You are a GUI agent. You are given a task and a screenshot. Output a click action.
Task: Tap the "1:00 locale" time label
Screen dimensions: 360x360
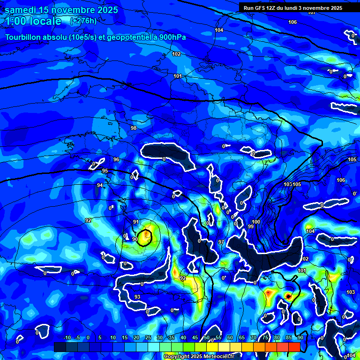(x=33, y=21)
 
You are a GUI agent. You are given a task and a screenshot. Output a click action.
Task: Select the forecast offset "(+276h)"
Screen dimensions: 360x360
(x=83, y=21)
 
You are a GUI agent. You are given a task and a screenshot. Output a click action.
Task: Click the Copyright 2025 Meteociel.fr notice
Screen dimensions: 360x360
(x=205, y=356)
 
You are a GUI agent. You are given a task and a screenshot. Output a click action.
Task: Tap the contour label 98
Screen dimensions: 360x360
(x=134, y=128)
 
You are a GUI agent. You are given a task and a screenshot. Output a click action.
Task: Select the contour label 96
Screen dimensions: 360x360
(x=116, y=160)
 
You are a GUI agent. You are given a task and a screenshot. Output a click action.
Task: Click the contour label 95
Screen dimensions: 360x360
(x=105, y=171)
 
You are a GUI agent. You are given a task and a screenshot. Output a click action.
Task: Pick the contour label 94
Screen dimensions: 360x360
(x=100, y=186)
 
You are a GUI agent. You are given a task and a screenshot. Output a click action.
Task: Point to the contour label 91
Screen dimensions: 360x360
(x=136, y=222)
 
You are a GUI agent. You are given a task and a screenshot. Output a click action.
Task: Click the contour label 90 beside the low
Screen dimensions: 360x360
(x=135, y=239)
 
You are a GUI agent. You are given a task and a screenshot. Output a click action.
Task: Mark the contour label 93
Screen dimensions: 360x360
(x=137, y=297)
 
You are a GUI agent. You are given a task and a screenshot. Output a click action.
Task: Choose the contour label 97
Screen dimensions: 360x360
(x=221, y=242)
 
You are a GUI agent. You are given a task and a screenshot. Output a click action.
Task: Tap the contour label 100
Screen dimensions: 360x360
(x=256, y=222)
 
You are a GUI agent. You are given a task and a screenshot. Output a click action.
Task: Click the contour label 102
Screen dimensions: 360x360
(x=176, y=54)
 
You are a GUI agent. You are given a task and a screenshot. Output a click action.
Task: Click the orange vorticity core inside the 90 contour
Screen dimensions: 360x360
(x=147, y=233)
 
